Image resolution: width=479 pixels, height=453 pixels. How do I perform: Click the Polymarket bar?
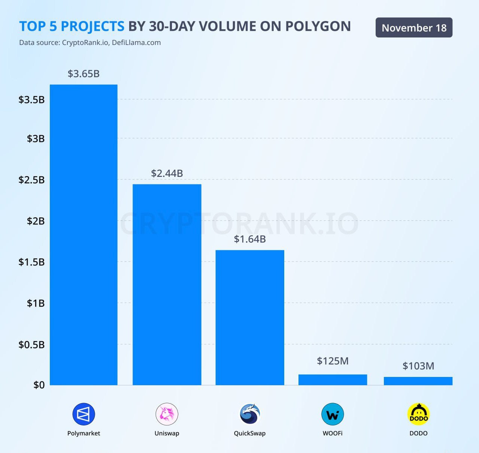click(84, 235)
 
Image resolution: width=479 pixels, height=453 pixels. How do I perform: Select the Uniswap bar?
click(167, 284)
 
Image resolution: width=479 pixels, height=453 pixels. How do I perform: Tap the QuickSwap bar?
click(250, 317)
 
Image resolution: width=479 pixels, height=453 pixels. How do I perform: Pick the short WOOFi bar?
click(333, 380)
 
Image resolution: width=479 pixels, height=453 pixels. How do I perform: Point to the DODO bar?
click(418, 381)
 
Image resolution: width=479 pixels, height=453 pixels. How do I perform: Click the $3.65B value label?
click(84, 74)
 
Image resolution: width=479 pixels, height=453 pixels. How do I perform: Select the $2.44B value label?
click(167, 173)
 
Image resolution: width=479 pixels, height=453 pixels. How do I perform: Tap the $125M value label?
click(333, 361)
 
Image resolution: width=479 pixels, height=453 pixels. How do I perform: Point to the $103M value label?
click(418, 366)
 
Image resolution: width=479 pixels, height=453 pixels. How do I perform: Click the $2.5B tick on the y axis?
click(31, 180)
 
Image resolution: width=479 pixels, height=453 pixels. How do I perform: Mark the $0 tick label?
click(39, 385)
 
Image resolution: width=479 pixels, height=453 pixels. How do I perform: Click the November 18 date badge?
click(414, 28)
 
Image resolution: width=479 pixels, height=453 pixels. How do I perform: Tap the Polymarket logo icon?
click(84, 414)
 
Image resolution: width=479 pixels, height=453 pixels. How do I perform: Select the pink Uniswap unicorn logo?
click(167, 414)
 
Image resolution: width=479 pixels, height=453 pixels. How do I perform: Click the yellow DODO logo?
click(418, 414)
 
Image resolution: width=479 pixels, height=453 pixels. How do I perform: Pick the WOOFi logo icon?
click(333, 414)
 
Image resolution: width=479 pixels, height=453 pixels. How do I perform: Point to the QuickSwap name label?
click(250, 434)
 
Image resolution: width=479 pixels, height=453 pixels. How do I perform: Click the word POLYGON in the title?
click(318, 26)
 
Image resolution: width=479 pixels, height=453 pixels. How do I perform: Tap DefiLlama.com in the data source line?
click(136, 43)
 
